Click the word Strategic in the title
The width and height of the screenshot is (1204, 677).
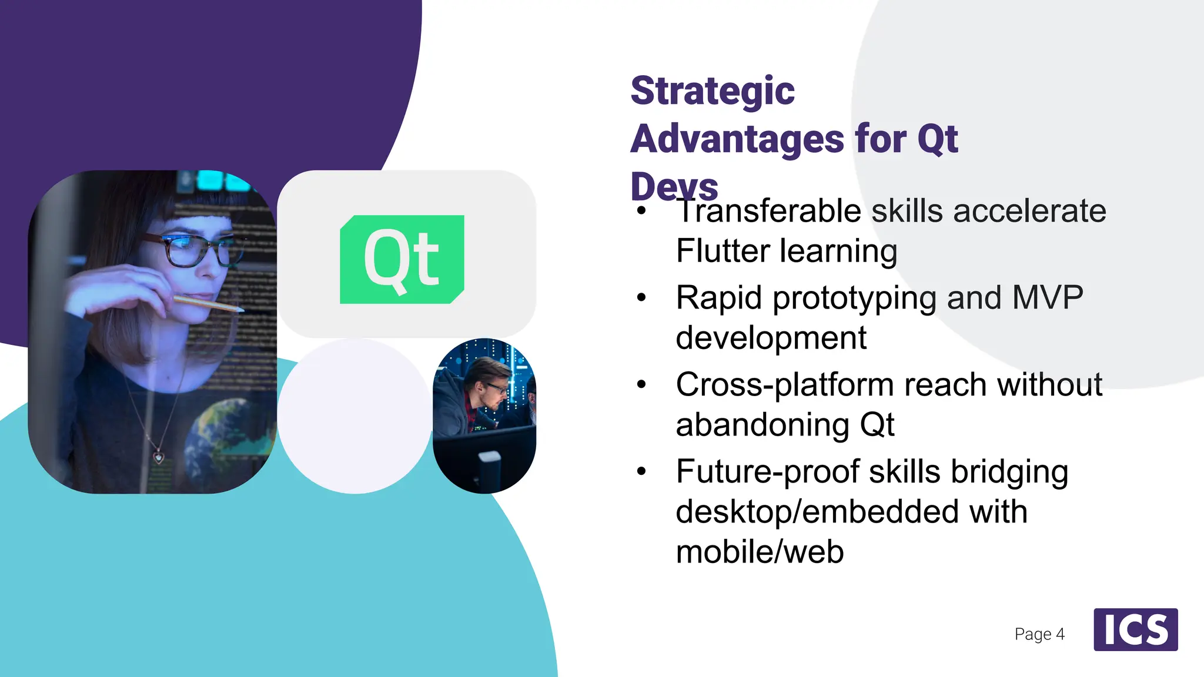[712, 91]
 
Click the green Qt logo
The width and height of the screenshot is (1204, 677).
[402, 259]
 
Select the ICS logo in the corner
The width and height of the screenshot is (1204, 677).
[1135, 629]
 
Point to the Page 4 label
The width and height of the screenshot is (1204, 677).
[1039, 634]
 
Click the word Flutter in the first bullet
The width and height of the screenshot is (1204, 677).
[723, 251]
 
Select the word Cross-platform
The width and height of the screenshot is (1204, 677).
[784, 385]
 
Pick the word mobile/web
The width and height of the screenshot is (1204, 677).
[760, 552]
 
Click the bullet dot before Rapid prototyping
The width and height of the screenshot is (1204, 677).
[641, 298]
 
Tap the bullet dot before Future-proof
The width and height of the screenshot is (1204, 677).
[641, 471]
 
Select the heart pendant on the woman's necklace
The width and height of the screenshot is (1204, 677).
[158, 456]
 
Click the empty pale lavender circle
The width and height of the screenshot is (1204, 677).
[354, 416]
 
